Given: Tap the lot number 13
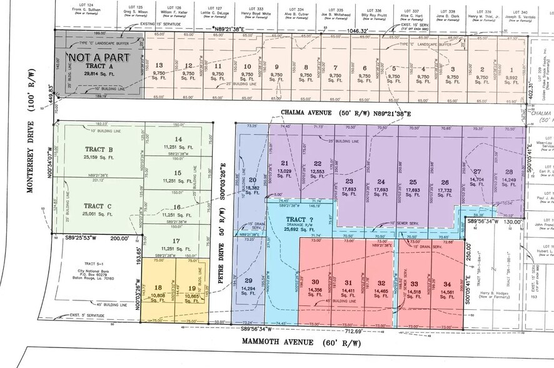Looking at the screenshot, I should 159,66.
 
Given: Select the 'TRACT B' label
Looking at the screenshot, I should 98,149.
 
